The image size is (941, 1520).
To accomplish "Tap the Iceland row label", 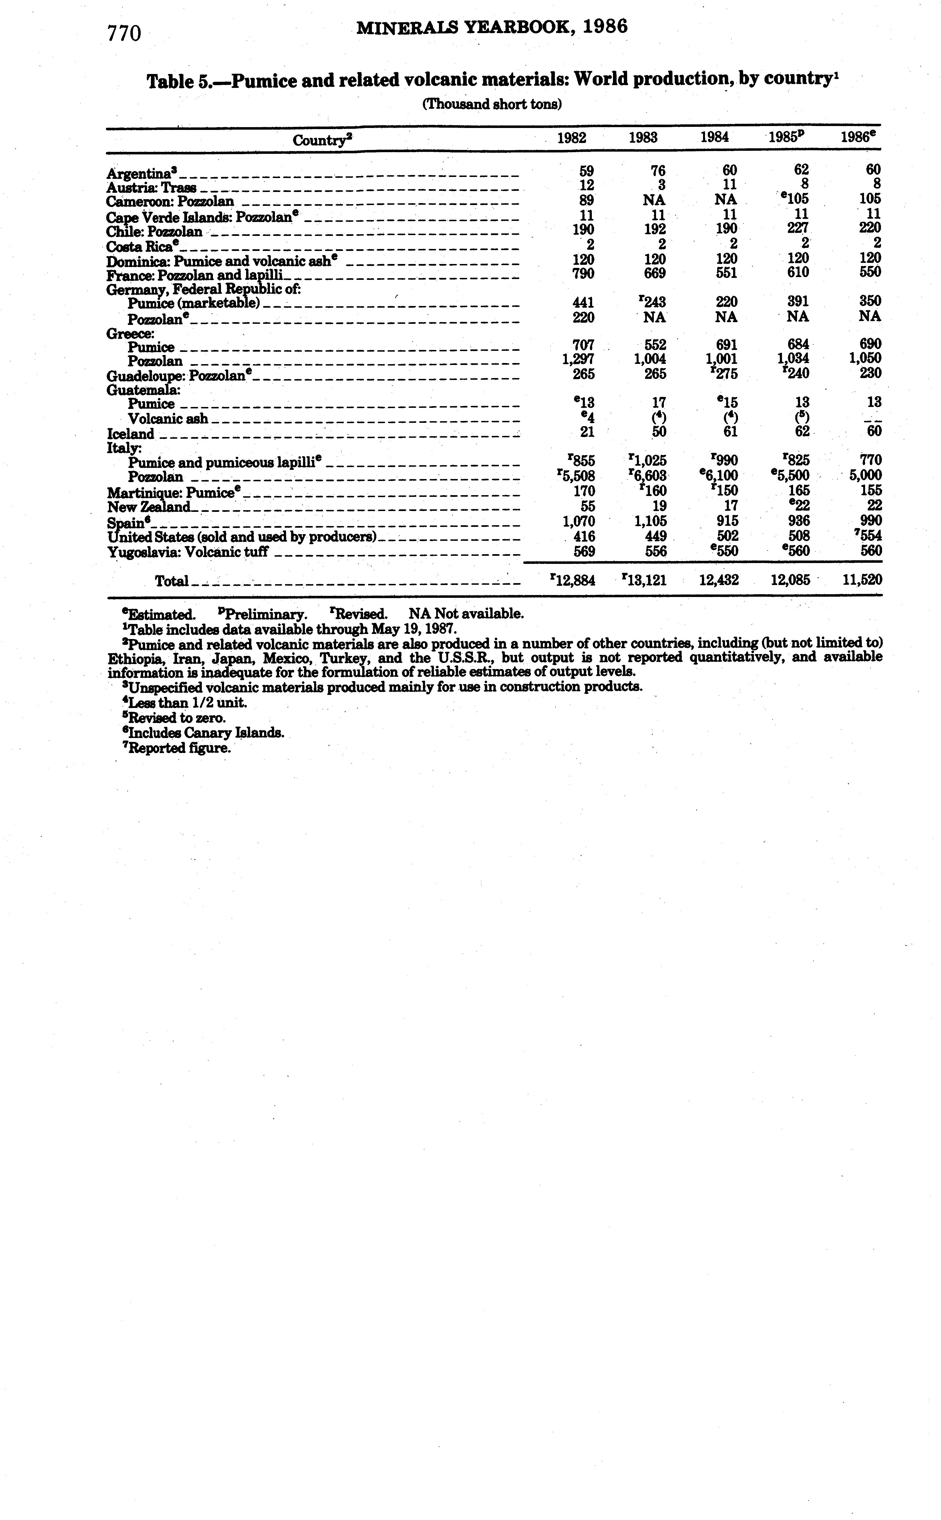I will coord(130,434).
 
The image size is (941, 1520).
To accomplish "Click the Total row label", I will coord(171,581).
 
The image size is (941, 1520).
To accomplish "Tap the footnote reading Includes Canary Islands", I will coord(205,733).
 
